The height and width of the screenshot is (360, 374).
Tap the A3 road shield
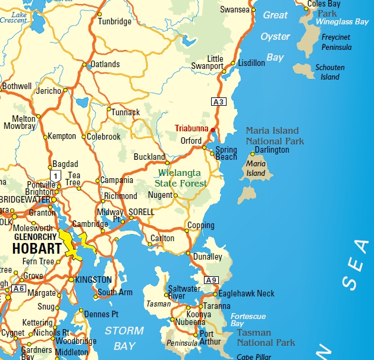pos(219,102)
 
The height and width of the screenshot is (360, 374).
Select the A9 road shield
pos(212,280)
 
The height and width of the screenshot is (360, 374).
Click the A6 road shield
pos(18,289)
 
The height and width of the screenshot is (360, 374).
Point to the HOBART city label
pos(36,248)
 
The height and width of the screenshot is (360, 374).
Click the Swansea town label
pos(234,10)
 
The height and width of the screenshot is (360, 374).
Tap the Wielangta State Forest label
pos(182,178)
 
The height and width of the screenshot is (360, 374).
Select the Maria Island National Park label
pos(275,136)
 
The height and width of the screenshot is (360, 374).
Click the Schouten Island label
pos(330,72)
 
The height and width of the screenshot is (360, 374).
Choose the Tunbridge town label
pos(115,21)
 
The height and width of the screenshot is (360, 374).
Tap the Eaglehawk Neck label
pos(247,293)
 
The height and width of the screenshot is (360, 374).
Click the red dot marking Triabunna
pos(213,130)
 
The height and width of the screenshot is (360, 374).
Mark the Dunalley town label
pos(208,257)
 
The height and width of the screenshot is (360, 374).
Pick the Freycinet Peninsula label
pos(337,42)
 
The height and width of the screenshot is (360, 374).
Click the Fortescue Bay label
pos(248,320)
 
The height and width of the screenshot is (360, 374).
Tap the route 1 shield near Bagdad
pos(55,176)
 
